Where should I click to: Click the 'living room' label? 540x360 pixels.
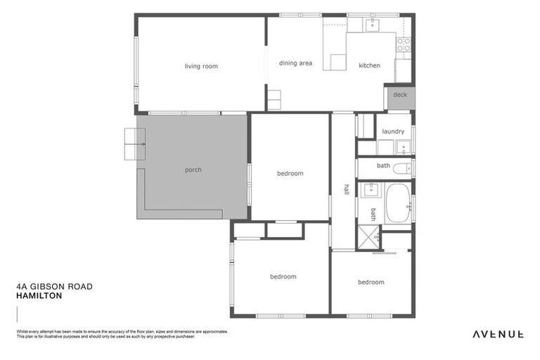201,66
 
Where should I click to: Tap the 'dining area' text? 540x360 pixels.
295,63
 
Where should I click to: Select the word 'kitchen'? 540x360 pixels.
369,65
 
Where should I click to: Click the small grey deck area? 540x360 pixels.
399,96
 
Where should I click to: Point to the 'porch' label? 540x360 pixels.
193,169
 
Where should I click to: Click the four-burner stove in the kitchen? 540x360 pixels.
404,45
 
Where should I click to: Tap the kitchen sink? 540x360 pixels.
372,25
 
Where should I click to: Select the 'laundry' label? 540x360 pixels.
393,131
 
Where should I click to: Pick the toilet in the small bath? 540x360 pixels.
401,168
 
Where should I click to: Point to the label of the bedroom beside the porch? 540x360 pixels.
290,173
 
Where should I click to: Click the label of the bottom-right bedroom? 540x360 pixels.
371,282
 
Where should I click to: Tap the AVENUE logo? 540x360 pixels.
497,334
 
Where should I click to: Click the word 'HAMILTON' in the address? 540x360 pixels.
39,296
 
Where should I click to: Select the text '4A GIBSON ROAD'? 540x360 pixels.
54,287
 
